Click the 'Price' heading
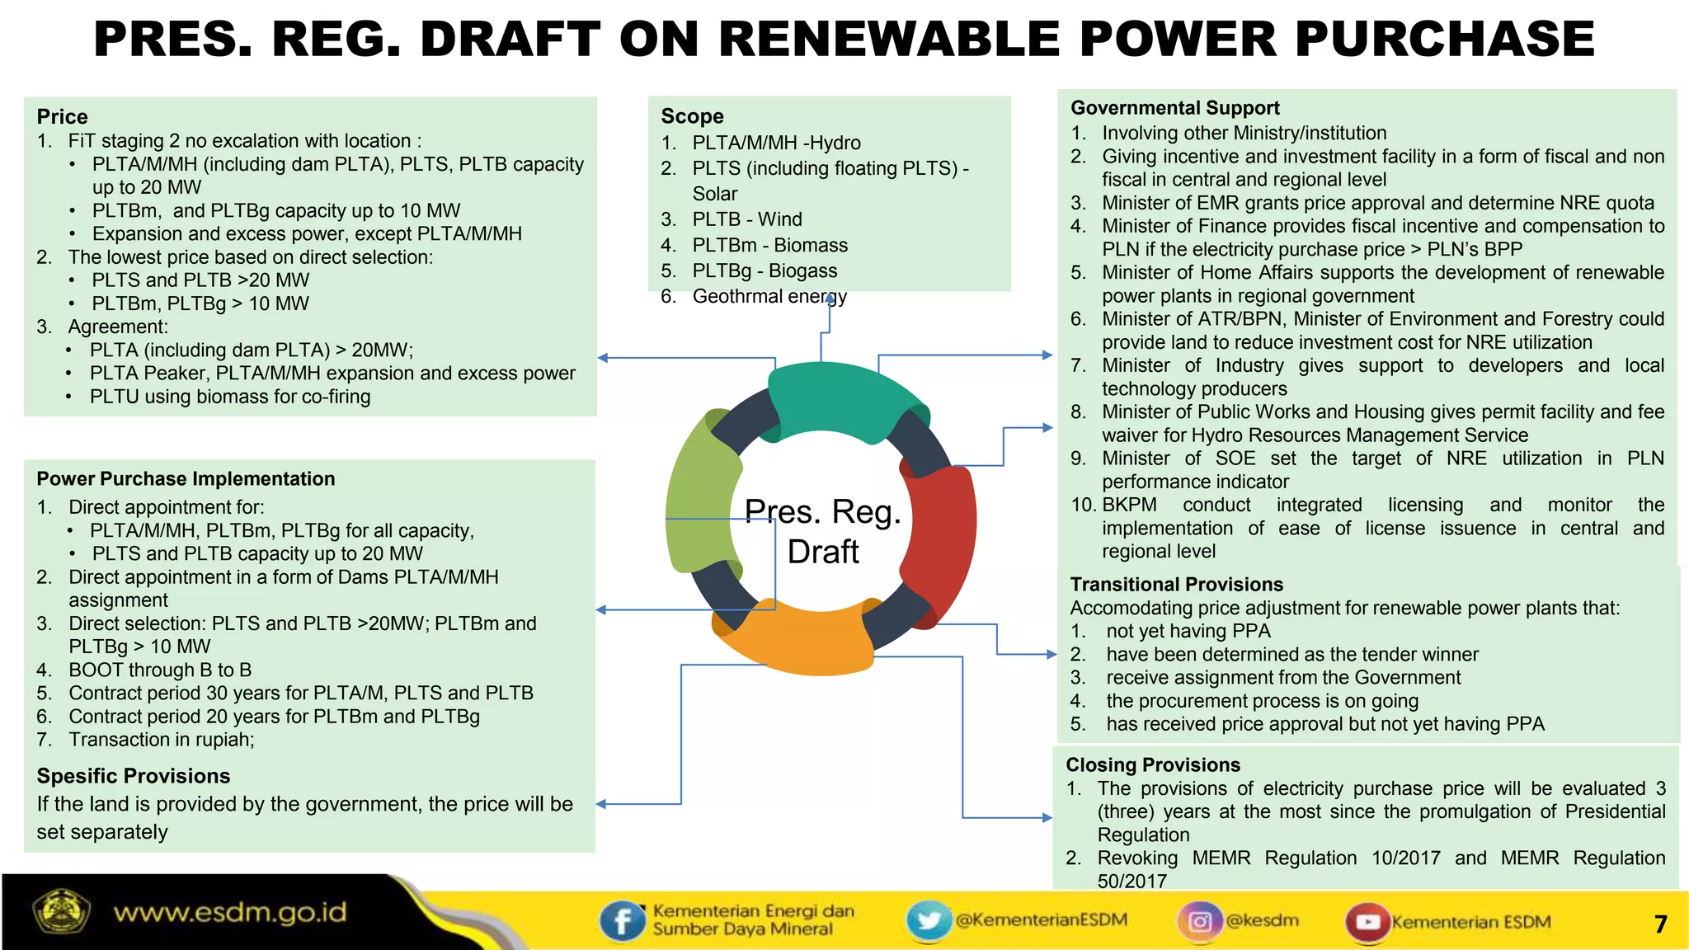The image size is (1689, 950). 62,116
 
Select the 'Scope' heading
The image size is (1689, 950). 692,116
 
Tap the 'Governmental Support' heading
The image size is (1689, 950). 1174,108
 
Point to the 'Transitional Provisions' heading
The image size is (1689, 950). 1176,585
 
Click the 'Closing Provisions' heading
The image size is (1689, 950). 1152,765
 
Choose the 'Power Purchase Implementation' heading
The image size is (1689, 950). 186,479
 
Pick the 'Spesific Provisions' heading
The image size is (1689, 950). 133,776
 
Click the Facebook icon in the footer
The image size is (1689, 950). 622,921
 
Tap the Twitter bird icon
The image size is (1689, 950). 929,920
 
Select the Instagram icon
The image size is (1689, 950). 1200,921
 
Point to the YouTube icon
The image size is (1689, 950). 1367,922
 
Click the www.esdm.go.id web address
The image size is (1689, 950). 230,913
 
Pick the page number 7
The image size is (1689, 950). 1660,924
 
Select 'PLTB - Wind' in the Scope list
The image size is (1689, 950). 746,219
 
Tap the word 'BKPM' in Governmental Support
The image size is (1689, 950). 1129,505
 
